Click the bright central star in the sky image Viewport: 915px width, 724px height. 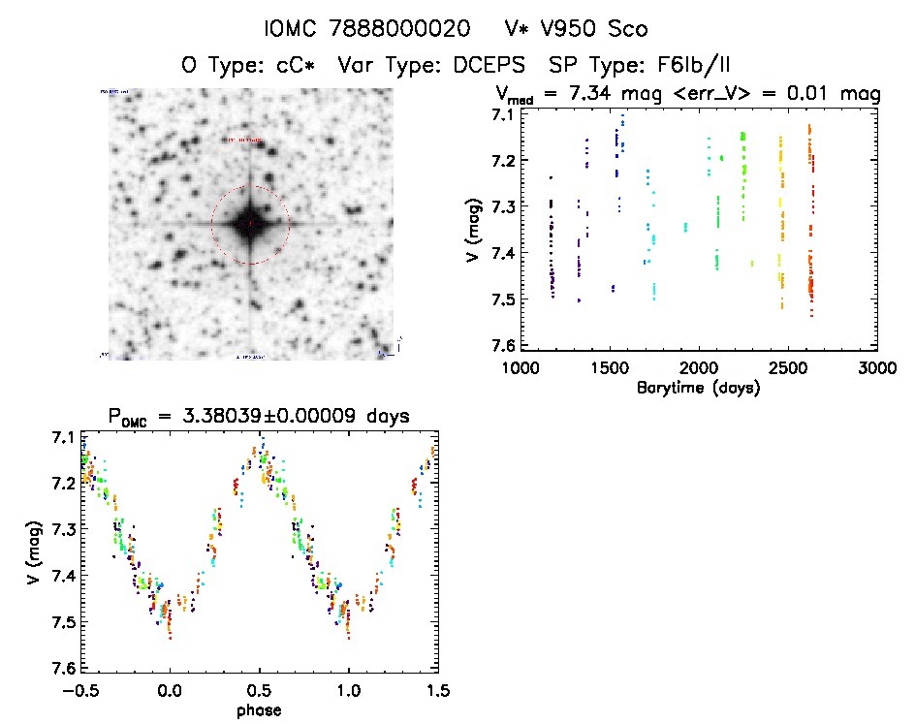coord(250,223)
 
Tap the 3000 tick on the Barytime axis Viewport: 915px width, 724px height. coord(876,368)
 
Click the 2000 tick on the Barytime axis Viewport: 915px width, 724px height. coord(698,368)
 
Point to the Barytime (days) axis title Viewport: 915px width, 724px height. coord(698,388)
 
